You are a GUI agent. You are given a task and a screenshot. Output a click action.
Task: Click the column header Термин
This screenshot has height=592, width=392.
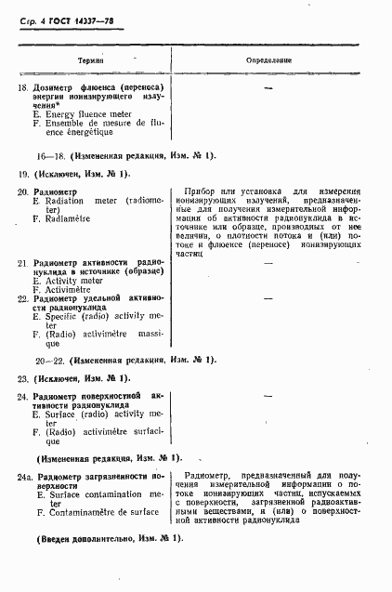coord(90,59)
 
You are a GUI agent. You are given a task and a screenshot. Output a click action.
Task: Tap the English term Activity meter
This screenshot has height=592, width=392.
coord(76,280)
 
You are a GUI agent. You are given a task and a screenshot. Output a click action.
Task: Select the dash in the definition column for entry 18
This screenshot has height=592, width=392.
coord(268,87)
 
